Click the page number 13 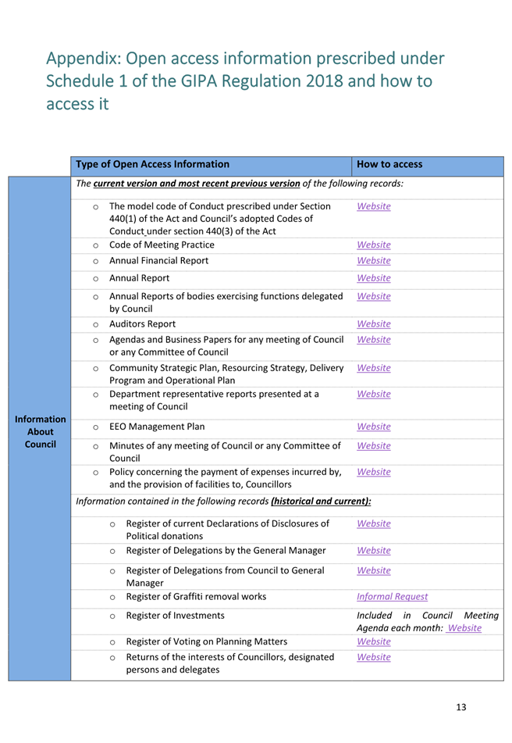coord(460,707)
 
